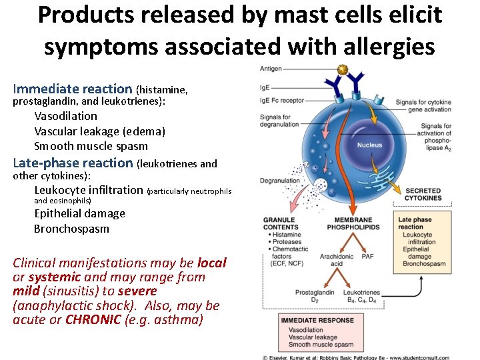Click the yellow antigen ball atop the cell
343,69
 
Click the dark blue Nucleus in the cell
369,145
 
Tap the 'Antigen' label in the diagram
271,69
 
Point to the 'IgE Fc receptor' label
282,101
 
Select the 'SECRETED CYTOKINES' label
423,195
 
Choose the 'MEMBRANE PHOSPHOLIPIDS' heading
353,223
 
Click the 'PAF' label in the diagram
367,257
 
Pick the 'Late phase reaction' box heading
415,223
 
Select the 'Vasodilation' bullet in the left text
65,116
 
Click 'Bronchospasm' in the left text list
71,229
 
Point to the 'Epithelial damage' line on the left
79,213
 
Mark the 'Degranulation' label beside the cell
279,181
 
